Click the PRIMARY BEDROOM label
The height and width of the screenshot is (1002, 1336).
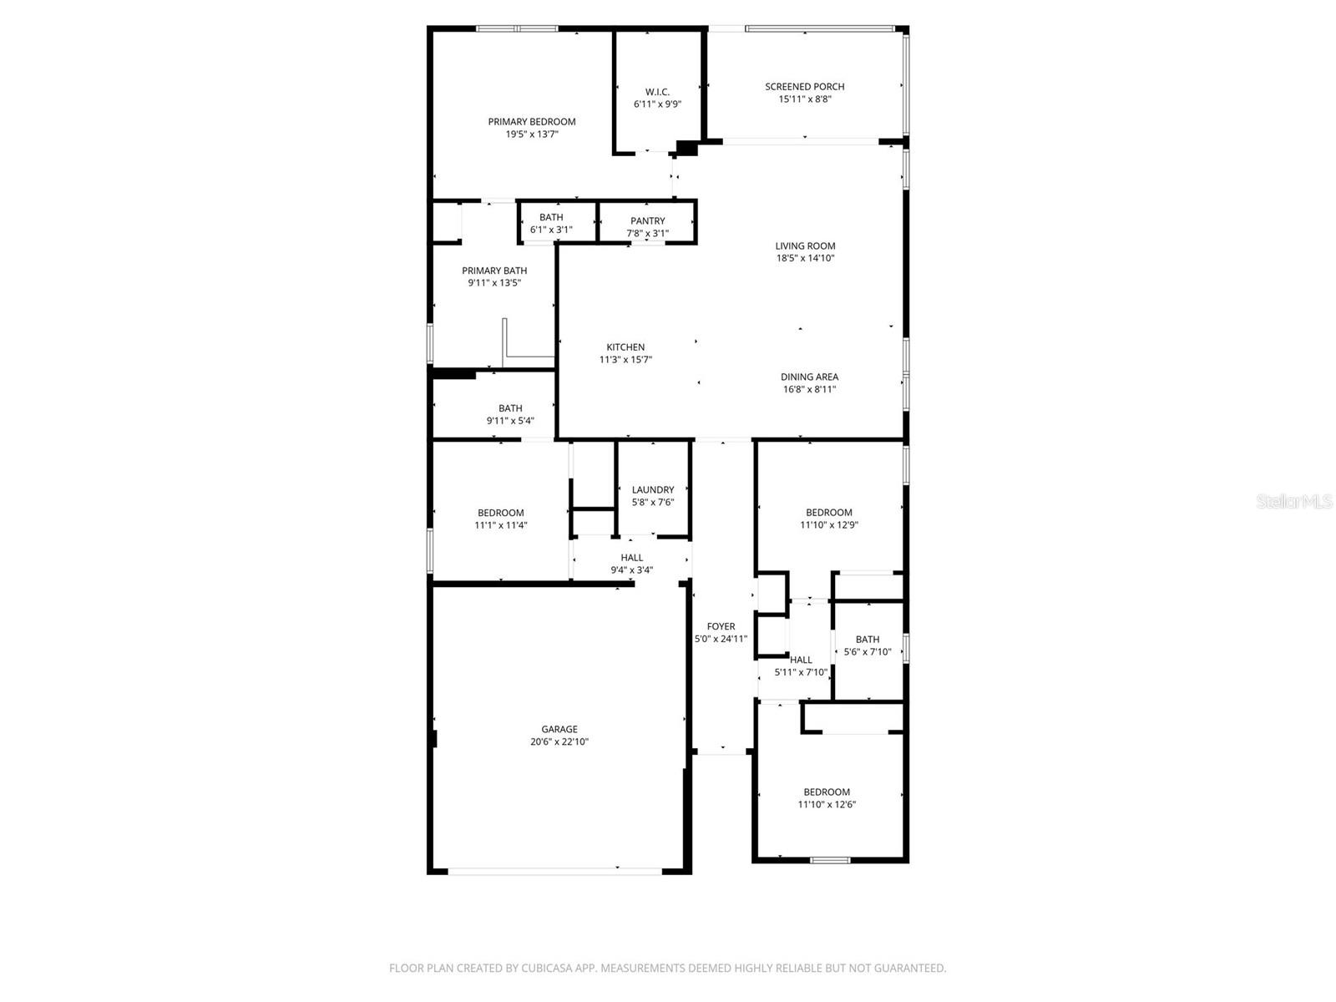coord(532,122)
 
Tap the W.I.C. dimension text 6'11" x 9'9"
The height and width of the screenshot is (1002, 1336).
coord(657,104)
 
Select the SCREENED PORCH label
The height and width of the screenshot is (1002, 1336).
coord(805,87)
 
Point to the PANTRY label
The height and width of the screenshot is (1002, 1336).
coord(648,221)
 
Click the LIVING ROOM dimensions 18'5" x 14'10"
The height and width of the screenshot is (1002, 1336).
coord(805,258)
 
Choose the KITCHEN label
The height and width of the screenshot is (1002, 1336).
coord(625,347)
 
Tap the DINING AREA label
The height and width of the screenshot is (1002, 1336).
coord(809,377)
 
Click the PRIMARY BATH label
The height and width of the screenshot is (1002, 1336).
coord(494,271)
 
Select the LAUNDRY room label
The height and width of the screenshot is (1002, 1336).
coord(653,490)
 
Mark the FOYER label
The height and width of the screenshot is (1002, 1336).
coord(721,626)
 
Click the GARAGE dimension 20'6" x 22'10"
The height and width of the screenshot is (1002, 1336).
coord(559,741)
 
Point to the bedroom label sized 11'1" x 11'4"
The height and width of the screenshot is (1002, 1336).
coord(501,513)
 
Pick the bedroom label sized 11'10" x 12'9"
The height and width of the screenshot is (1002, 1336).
coord(829,513)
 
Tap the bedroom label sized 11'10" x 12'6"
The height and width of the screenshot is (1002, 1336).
coord(827,792)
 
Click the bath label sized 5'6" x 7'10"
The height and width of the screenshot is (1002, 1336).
coord(868,640)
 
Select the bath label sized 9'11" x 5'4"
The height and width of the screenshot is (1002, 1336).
coord(510,408)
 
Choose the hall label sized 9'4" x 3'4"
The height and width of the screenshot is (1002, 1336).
coord(632,558)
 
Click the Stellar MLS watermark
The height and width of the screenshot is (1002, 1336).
coord(1293,502)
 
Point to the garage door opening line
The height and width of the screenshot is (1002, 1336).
coord(555,872)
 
